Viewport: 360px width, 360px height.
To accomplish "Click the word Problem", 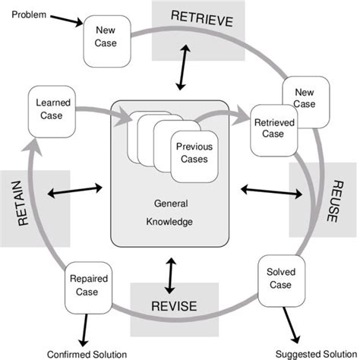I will [29, 15].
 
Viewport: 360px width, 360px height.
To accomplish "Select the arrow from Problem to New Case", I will [65, 21].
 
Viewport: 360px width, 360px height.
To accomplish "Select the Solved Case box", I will [278, 278].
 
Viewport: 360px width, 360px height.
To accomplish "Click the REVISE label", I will [174, 305].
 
